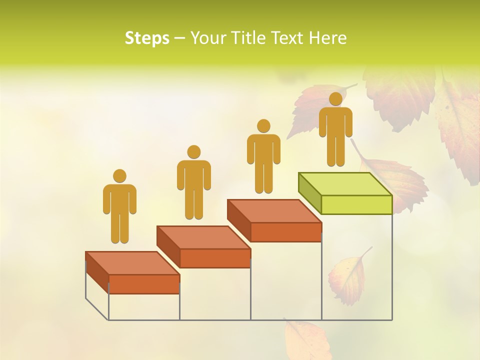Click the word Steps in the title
pyautogui.click(x=147, y=38)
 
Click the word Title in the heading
pyautogui.click(x=248, y=38)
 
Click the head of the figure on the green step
pyautogui.click(x=335, y=99)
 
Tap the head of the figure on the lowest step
pyautogui.click(x=119, y=176)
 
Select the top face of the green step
pyautogui.click(x=345, y=183)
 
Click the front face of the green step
pyautogui.click(x=356, y=204)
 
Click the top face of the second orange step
pyautogui.click(x=203, y=237)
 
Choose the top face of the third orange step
pyautogui.click(x=274, y=211)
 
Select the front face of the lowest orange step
pyautogui.click(x=144, y=284)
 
